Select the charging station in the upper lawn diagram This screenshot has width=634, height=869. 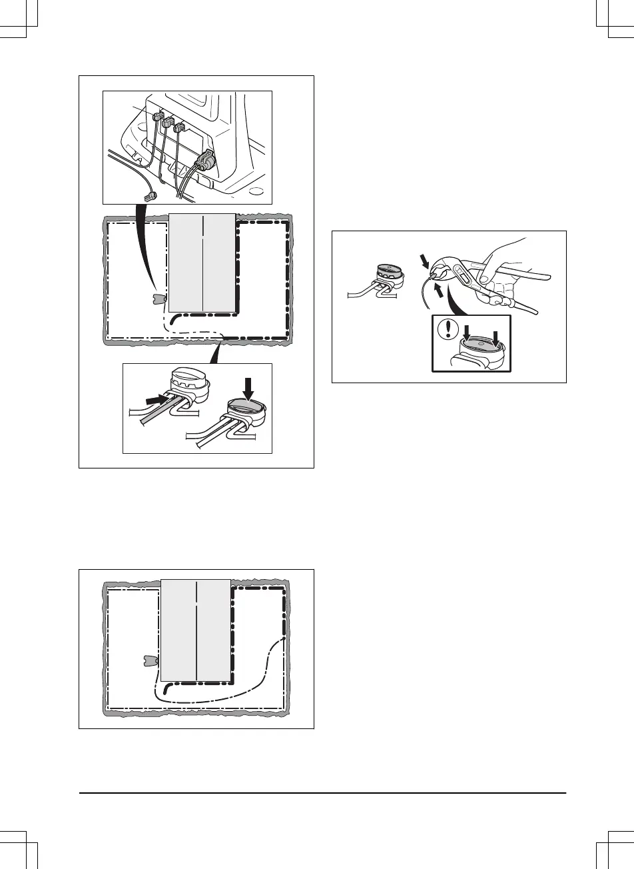158,300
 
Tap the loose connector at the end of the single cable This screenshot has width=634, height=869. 151,197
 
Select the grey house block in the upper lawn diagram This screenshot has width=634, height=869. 202,263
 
